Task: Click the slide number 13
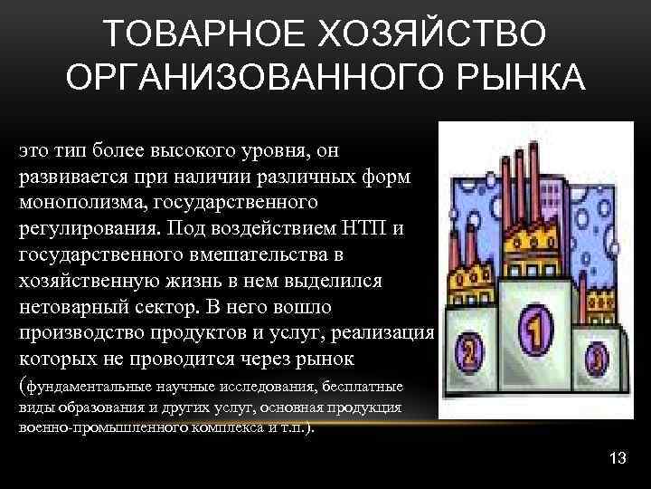[x=618, y=457]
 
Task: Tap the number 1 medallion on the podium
[x=537, y=329]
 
